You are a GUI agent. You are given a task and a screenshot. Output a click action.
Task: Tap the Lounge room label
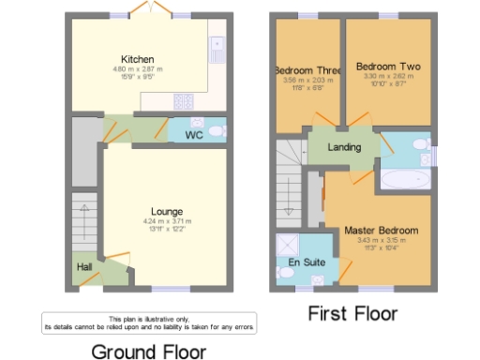pos(167,211)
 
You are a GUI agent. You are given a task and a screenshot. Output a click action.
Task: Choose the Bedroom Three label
pos(307,70)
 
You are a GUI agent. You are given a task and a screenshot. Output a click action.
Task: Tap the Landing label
pos(343,148)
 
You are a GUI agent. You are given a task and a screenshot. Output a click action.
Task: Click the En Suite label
pos(306,262)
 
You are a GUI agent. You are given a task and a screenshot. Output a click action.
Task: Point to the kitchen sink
pos(217,42)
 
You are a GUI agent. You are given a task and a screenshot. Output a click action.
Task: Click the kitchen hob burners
pos(182,100)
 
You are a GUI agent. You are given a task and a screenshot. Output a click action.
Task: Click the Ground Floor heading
pos(148,351)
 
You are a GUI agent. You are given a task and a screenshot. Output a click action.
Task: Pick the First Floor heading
pos(352,313)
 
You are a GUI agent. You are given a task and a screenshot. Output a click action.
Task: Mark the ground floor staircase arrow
pos(84,216)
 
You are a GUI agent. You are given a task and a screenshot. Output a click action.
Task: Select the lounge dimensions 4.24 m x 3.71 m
pos(167,221)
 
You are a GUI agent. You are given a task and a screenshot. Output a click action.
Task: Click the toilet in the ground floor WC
pos(217,130)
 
